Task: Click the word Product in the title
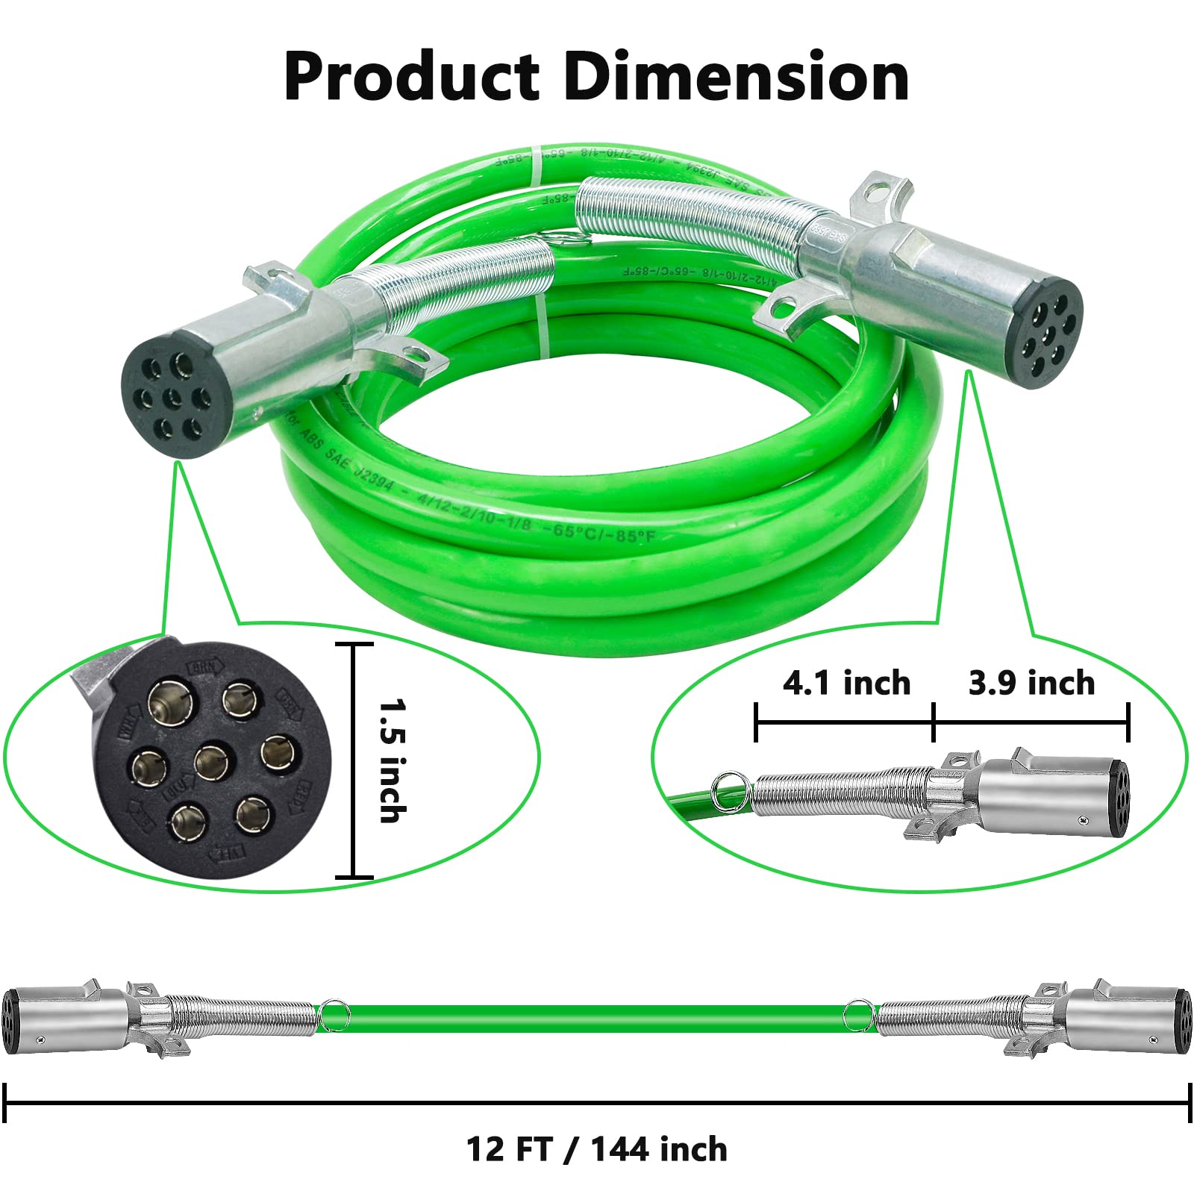click(411, 78)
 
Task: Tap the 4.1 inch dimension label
click(846, 683)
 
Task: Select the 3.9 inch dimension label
click(1031, 683)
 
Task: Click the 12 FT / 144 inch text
click(597, 1149)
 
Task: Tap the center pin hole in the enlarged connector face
click(215, 761)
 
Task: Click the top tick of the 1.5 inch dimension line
click(354, 643)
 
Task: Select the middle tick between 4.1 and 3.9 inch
click(934, 722)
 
